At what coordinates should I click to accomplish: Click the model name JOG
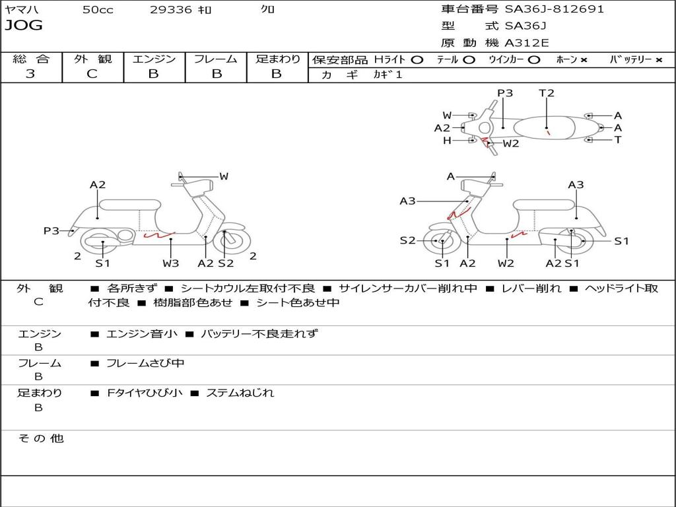coord(23,26)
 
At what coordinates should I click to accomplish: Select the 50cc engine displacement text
coord(97,10)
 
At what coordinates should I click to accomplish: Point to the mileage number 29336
coord(171,10)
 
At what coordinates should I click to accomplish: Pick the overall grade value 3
coord(30,74)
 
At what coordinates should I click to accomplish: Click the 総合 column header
coord(31,59)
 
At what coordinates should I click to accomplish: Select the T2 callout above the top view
coord(547,93)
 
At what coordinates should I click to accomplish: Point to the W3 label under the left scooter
coord(171,263)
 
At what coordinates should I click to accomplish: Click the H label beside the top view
coord(447,140)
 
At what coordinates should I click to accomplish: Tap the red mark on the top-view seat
coord(548,133)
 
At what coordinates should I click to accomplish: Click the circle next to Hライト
coord(417,59)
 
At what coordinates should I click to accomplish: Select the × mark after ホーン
coord(584,59)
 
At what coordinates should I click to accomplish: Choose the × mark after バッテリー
coord(658,59)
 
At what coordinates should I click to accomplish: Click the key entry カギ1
coord(388,75)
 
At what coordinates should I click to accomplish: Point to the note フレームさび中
coord(145,363)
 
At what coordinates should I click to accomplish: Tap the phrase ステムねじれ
coord(240,393)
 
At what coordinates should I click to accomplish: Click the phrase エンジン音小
coord(141,333)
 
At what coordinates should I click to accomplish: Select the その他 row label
coord(40,438)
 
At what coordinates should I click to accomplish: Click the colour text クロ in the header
coord(267,10)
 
